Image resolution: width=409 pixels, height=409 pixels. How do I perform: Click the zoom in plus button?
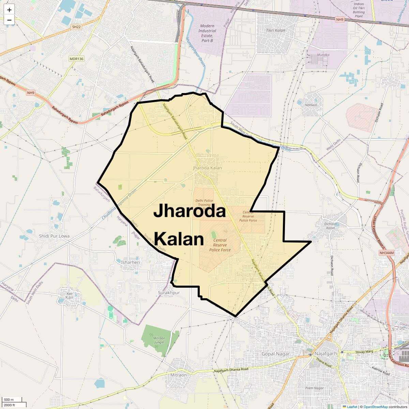point(9,10)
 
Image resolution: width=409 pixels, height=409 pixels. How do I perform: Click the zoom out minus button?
point(9,20)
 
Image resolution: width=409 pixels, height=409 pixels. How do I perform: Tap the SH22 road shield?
point(76,27)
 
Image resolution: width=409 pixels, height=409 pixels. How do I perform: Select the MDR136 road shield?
point(76,59)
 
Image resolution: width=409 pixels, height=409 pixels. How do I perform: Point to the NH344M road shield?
point(386,253)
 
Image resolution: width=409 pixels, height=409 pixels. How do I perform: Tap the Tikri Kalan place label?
point(275,30)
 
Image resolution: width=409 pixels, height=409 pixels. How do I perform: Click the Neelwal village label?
point(311,105)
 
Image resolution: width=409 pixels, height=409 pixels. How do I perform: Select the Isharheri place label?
point(131,262)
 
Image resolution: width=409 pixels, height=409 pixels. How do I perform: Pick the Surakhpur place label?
point(169,293)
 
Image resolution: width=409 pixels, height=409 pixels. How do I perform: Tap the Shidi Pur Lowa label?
point(54,236)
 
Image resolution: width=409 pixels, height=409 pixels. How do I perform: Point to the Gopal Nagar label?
point(275,354)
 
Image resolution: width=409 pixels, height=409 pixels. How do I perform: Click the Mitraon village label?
point(178,375)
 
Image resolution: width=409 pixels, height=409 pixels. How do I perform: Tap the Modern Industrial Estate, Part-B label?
point(207,33)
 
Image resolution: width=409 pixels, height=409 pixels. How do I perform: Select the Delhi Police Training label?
point(204,203)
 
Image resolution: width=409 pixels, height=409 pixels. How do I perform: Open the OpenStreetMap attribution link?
point(375,407)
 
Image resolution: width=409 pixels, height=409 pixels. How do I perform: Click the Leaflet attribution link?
point(352,407)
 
